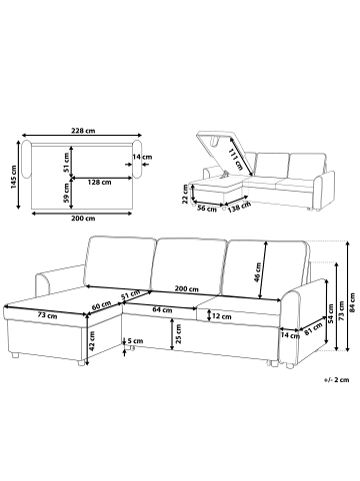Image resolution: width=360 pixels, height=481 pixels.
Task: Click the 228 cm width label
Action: tap(83, 131)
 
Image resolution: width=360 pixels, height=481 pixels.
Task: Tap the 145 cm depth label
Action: tap(14, 177)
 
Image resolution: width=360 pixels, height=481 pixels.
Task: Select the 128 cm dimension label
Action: tap(99, 182)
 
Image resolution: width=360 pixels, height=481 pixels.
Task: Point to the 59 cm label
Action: tap(66, 194)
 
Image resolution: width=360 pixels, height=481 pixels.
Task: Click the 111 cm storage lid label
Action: tap(235, 159)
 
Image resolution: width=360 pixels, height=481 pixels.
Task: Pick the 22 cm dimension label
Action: tap(185, 193)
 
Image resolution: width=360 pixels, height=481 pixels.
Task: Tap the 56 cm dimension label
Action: tap(207, 209)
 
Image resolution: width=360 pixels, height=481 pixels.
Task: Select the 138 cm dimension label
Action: tap(239, 208)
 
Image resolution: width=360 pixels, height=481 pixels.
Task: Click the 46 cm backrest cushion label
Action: tap(257, 272)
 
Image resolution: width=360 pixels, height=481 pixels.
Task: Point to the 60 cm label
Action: tap(101, 306)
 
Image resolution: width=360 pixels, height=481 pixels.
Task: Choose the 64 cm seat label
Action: tap(162, 310)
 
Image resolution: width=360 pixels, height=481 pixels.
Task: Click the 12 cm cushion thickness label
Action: tap(222, 316)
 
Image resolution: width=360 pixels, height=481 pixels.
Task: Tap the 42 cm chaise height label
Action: tap(92, 340)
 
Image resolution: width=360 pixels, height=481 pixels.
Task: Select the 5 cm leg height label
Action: tap(135, 341)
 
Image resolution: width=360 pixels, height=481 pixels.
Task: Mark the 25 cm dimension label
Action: tap(178, 334)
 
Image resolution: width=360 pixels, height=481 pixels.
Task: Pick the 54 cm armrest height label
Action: tap(330, 313)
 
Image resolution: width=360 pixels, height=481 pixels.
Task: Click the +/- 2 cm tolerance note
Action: tap(336, 379)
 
